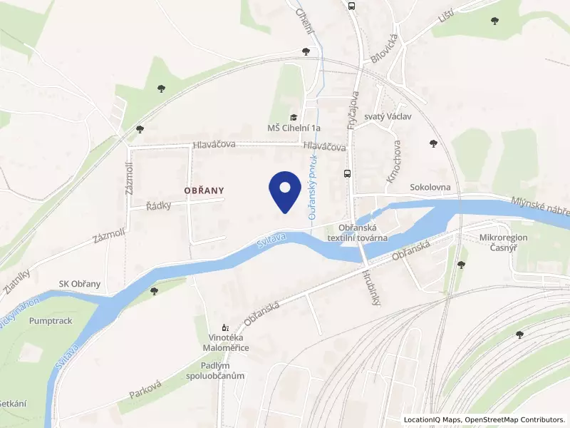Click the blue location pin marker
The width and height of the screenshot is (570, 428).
click(284, 190)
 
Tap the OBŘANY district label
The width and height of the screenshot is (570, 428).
click(204, 190)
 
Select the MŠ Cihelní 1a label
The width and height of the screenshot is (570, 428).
click(294, 128)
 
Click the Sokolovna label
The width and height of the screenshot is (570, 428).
click(429, 188)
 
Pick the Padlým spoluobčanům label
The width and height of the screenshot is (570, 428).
click(215, 370)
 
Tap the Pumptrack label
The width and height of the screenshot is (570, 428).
click(51, 321)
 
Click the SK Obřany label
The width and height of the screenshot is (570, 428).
click(79, 284)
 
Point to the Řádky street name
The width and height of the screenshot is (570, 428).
click(159, 205)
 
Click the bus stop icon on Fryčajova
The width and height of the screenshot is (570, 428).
click(348, 173)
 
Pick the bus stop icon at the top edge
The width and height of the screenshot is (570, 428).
click(351, 6)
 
